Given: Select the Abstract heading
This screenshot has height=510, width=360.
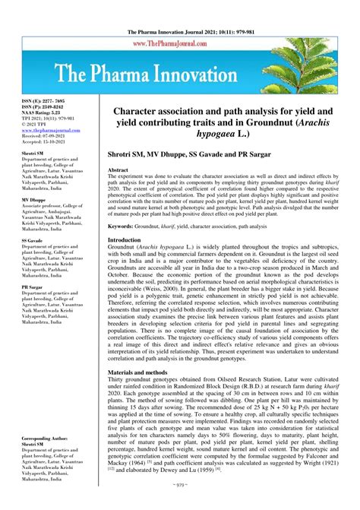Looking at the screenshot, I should tap(120, 170).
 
